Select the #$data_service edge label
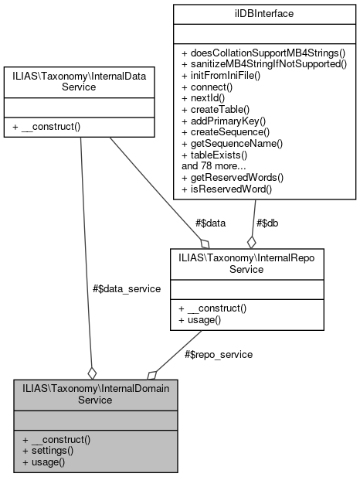127,288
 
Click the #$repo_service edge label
219,354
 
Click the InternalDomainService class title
96,394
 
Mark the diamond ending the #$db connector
251,241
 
